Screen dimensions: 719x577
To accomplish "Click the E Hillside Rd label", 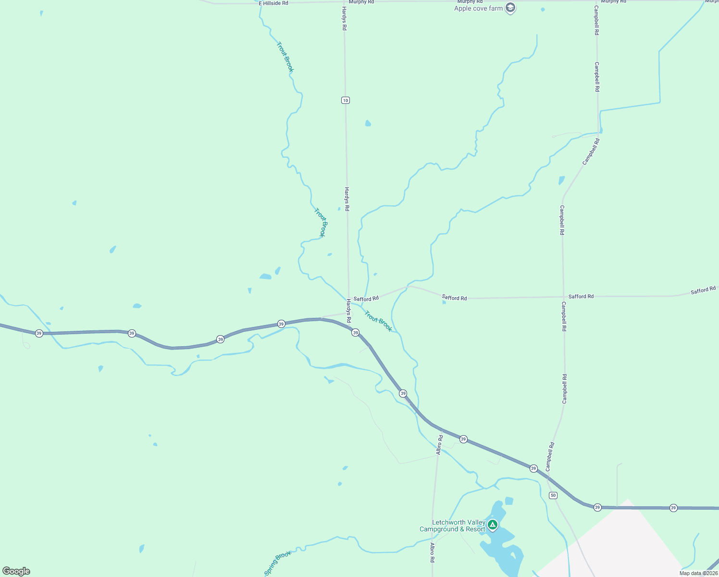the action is tap(273, 3).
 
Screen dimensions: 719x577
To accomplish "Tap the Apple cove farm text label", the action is tap(478, 8).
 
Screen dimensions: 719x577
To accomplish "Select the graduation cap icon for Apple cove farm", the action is tap(510, 8).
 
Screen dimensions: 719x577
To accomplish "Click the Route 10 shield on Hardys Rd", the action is tap(346, 100).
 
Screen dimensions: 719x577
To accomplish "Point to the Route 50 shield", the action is tap(553, 495).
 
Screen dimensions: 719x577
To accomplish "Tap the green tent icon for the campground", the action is tap(492, 525).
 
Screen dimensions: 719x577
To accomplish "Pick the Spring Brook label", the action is tap(278, 563).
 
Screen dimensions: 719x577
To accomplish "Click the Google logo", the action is tap(16, 571).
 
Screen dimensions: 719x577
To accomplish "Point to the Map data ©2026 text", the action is tap(698, 573).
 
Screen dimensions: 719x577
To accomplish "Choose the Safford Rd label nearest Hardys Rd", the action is tap(366, 299).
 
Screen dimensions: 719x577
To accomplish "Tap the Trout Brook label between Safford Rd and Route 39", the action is tap(378, 321).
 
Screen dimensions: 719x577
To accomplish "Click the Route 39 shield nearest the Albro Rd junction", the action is tap(463, 439).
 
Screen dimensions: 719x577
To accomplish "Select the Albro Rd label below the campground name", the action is tap(433, 552).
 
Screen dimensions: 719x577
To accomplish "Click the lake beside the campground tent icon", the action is tap(502, 543).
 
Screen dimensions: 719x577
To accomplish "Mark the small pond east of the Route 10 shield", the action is tap(368, 123).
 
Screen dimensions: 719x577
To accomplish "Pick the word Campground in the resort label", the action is tap(438, 529).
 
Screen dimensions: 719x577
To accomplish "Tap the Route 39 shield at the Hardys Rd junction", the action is tap(355, 333).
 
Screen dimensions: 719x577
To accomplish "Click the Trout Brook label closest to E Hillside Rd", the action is tap(285, 57).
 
